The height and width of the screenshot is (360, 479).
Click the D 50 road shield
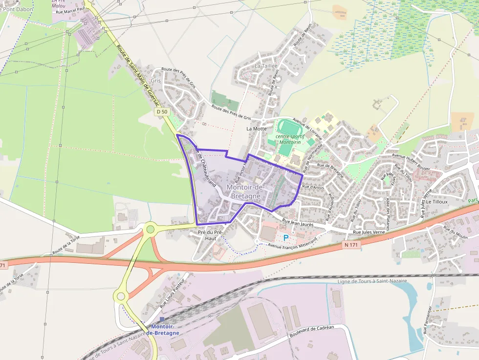point(162,112)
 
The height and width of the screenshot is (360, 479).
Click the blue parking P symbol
point(286,237)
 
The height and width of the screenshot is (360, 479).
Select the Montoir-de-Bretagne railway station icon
point(162,319)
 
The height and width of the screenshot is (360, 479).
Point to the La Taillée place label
point(266,65)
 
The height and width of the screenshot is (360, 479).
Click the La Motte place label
point(257,128)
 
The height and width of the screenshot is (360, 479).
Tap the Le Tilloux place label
point(437,201)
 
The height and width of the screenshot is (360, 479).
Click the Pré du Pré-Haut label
point(210,235)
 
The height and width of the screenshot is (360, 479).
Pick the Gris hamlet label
point(155,81)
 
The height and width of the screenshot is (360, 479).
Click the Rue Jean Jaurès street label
point(298,223)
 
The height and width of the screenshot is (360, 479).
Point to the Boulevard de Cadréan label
point(311,331)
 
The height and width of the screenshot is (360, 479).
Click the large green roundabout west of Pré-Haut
point(151,228)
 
